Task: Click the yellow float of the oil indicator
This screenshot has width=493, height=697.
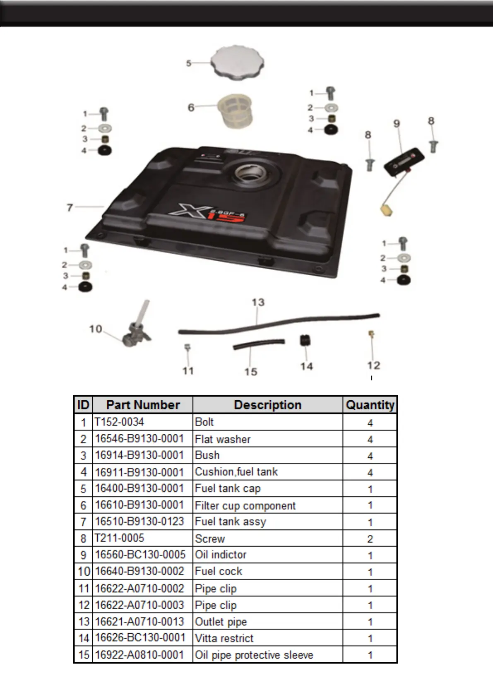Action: coord(387,209)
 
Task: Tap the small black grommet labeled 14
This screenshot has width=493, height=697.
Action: coord(305,341)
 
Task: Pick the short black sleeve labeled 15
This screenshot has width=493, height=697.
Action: coord(259,344)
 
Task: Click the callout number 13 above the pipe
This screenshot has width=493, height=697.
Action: coord(258,303)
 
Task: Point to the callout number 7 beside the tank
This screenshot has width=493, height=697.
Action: coord(70,207)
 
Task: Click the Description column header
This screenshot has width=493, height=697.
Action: coord(267,405)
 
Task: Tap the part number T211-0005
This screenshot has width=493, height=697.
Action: coord(120,538)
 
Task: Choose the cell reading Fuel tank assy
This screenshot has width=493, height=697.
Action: coord(231,522)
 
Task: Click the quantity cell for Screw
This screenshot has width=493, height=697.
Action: coord(370,538)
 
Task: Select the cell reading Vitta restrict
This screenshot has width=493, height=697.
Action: coord(224,638)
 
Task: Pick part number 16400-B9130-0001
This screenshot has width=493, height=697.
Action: coord(139,488)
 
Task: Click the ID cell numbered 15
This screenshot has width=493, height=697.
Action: coord(84,655)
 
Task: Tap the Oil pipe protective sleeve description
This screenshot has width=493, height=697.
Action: coord(254,655)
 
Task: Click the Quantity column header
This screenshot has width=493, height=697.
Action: coord(370,405)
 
